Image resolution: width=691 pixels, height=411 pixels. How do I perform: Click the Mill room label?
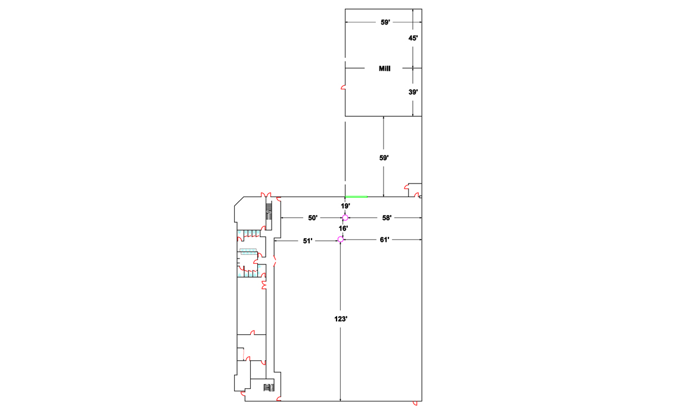point(384,68)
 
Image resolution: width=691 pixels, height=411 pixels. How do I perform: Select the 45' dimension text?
point(413,38)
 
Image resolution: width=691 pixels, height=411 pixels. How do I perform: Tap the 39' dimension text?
point(413,92)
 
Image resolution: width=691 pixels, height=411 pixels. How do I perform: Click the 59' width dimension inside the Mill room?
point(385,22)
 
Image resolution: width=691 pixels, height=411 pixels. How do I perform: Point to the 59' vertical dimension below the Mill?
point(384,158)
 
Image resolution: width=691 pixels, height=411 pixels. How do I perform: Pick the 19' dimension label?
point(345,205)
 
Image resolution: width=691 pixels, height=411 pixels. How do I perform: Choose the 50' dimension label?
point(313,217)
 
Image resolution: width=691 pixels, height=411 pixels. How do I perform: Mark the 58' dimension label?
point(387,217)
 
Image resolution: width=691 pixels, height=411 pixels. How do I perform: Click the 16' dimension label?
point(343,228)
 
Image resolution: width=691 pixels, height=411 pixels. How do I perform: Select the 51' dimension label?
point(307,241)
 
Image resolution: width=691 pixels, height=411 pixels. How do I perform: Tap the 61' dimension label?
point(384,239)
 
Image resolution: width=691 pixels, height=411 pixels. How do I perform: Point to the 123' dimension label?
point(341,319)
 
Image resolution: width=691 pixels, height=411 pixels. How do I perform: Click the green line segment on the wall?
point(356,197)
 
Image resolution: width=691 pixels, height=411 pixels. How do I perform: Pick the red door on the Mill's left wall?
point(343,88)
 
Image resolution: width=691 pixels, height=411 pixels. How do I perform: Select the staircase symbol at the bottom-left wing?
point(269,388)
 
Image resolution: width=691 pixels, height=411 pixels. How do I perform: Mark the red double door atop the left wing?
point(266,195)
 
